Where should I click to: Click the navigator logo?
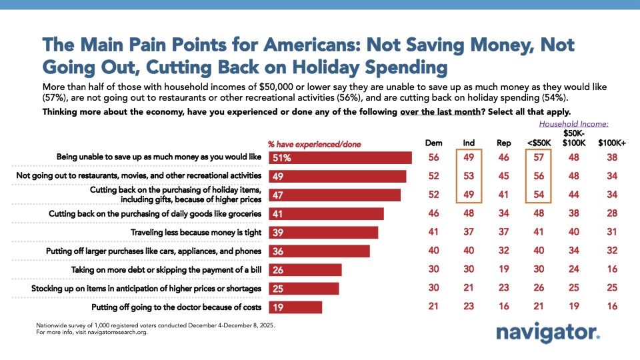coord(547,333)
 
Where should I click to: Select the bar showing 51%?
coord(340,158)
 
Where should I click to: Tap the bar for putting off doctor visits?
coord(295,307)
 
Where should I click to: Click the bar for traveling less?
coord(323,233)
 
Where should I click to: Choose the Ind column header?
coord(469,143)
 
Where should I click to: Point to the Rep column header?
coord(505,143)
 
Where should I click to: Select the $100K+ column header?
coord(613,143)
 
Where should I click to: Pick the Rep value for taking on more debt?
coord(505,270)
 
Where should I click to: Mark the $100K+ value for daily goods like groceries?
coord(613,214)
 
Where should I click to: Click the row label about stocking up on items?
coord(146,289)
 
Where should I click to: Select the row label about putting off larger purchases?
coord(153,251)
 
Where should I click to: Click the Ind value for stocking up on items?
coord(469,289)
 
